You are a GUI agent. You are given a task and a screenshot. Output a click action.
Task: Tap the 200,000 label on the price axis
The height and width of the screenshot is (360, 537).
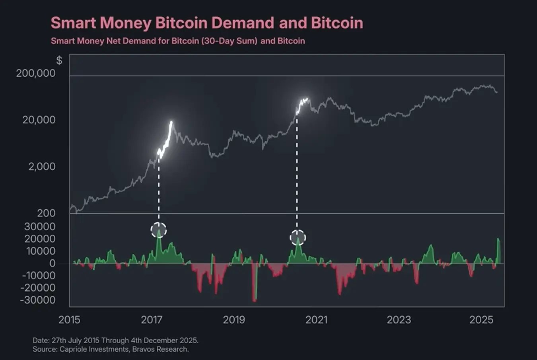tap(36, 73)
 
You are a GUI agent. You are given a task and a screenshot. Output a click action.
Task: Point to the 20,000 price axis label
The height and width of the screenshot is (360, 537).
tap(39, 120)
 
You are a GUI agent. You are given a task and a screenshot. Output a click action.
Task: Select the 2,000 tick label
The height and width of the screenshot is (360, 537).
tap(42, 166)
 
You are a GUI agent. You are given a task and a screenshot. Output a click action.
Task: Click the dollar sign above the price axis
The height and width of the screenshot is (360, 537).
tap(59, 60)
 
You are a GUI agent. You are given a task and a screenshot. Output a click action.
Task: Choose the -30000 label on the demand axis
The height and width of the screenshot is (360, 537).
tap(38, 300)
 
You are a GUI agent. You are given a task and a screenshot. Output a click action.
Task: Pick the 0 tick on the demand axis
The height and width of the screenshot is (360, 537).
tap(52, 263)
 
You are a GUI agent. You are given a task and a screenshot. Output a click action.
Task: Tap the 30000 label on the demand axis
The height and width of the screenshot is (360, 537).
tap(40, 227)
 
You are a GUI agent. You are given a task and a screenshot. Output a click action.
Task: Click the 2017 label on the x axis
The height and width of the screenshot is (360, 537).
tap(152, 320)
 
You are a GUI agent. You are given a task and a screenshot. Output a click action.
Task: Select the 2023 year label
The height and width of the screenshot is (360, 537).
tap(399, 320)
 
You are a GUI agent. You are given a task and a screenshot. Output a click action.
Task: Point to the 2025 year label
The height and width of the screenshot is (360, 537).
tap(481, 320)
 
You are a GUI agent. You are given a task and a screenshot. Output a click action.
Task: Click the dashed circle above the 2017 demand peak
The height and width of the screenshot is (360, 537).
tap(159, 230)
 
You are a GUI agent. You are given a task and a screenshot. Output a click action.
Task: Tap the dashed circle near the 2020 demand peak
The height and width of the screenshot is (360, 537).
tap(298, 238)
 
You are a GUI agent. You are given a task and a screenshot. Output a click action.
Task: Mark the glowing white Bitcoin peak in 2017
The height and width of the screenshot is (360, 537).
tap(171, 123)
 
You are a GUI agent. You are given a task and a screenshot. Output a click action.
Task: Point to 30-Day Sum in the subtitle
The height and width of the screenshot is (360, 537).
tap(230, 41)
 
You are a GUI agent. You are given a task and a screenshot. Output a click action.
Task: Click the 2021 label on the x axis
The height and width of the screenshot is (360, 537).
tap(316, 320)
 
